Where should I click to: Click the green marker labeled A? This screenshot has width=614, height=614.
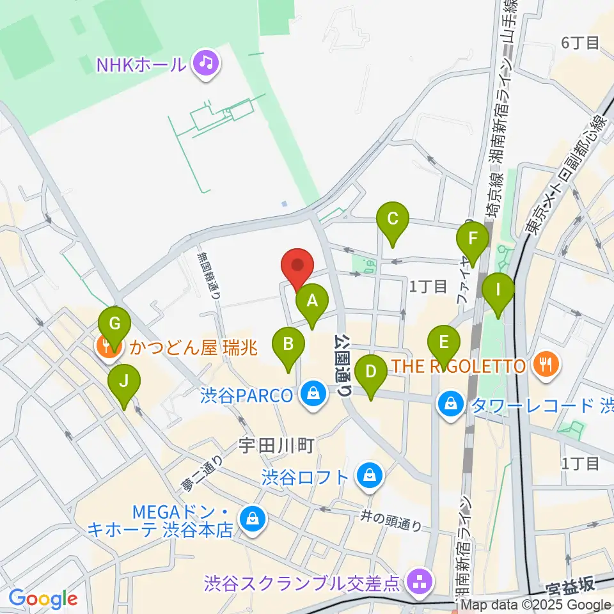pyautogui.click(x=311, y=301)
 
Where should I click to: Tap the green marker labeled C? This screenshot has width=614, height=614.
pyautogui.click(x=393, y=219)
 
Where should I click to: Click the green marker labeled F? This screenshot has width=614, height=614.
pyautogui.click(x=473, y=239)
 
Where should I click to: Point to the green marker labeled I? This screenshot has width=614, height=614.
pyautogui.click(x=498, y=290)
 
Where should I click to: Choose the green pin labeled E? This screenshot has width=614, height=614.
pyautogui.click(x=443, y=343)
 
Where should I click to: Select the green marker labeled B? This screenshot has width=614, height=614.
pyautogui.click(x=288, y=345)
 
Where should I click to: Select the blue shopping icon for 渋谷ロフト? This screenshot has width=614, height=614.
pyautogui.click(x=369, y=476)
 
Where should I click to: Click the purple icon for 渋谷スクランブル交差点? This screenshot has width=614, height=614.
pyautogui.click(x=420, y=583)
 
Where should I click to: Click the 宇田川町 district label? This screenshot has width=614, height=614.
pyautogui.click(x=276, y=446)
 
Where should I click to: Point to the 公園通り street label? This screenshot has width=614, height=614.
pyautogui.click(x=344, y=366)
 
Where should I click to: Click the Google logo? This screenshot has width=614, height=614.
pyautogui.click(x=43, y=599)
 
